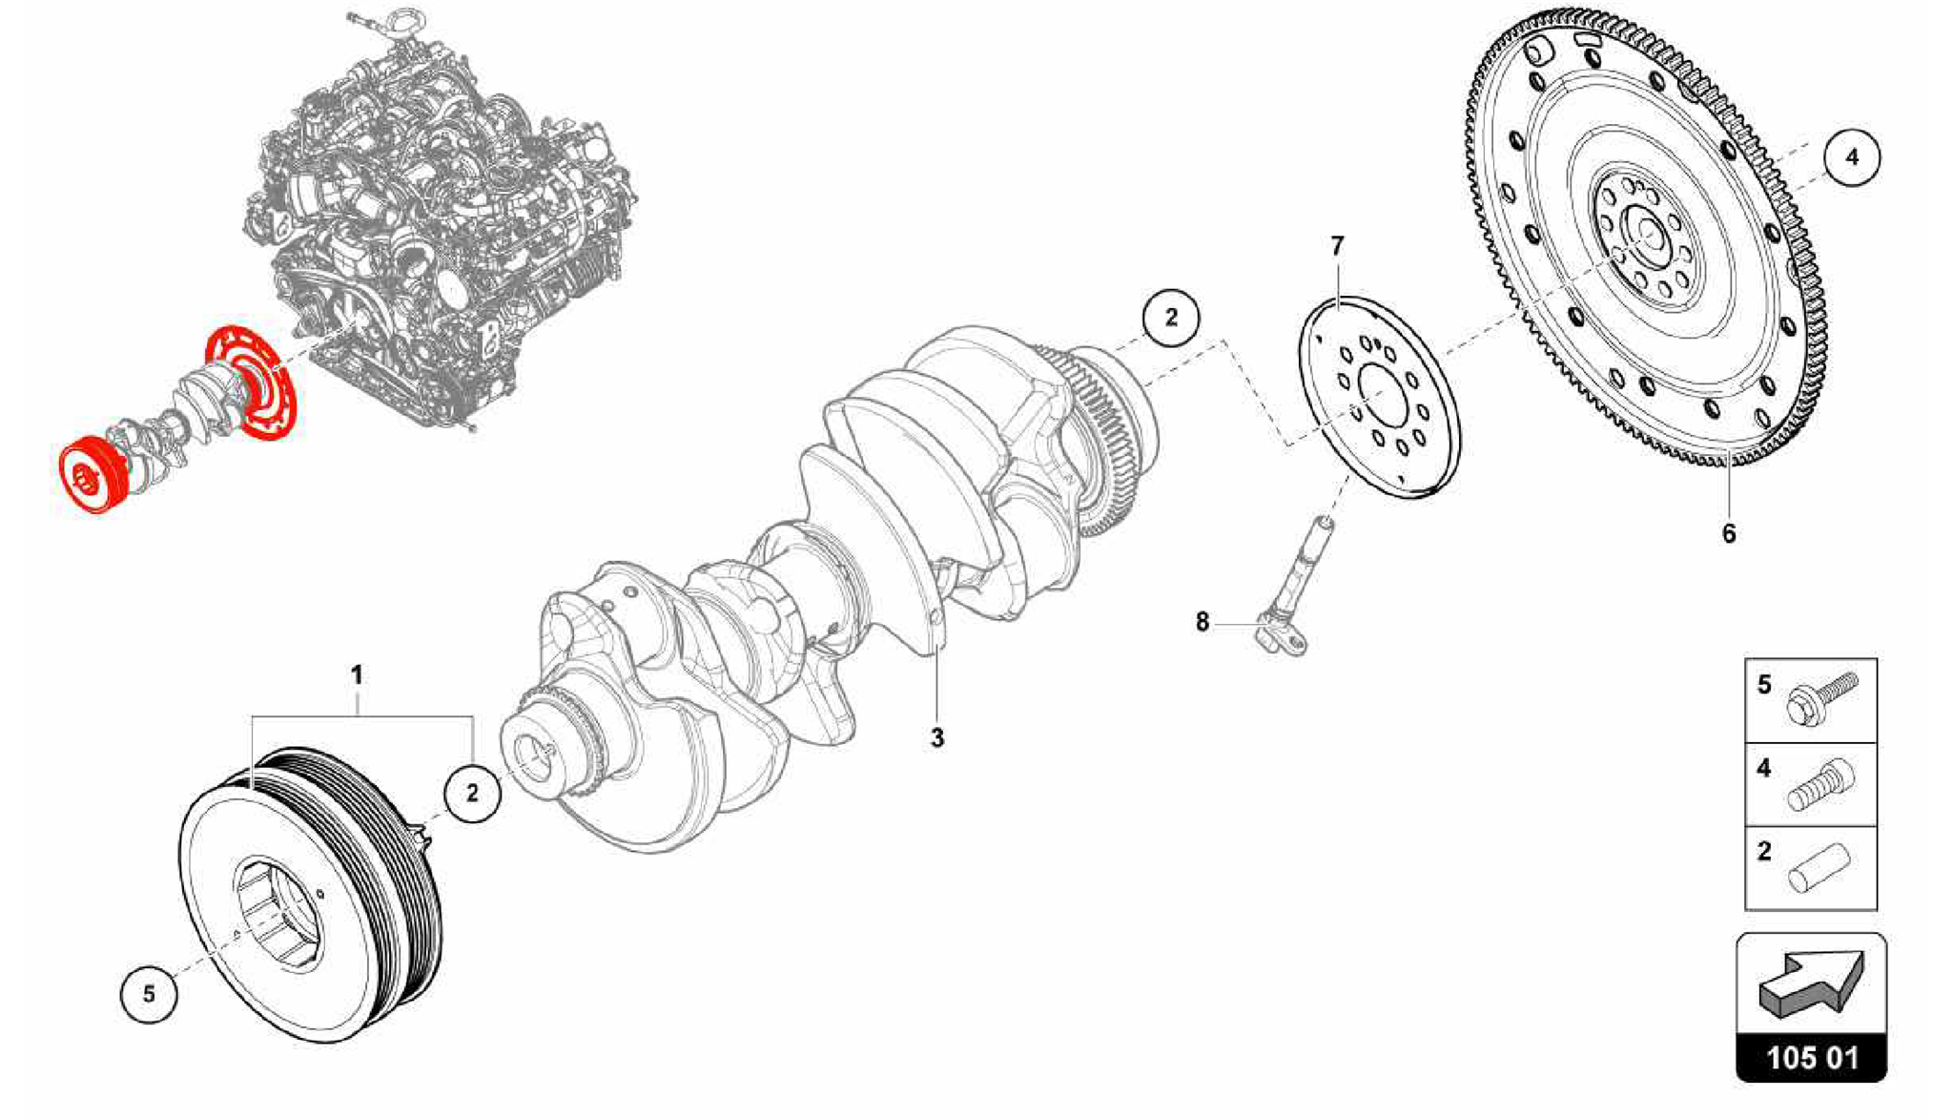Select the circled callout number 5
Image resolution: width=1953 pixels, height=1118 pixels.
click(x=149, y=994)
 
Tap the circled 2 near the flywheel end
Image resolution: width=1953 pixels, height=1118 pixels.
click(x=1171, y=317)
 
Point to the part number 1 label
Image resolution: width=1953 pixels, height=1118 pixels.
click(x=357, y=675)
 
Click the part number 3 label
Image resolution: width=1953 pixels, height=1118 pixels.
click(x=937, y=737)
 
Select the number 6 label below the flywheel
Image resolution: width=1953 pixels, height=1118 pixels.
click(x=1729, y=533)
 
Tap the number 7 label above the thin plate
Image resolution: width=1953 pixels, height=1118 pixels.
click(x=1337, y=246)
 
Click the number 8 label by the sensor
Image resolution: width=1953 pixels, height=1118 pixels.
click(x=1203, y=622)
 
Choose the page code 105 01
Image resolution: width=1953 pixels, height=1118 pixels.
click(x=1812, y=1058)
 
